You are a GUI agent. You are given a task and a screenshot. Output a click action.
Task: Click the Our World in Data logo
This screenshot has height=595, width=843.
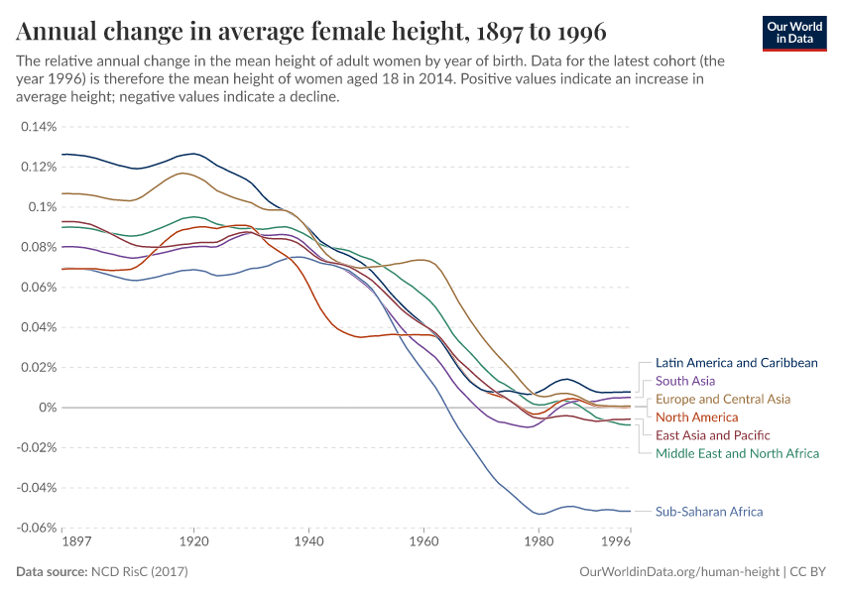pyautogui.click(x=794, y=33)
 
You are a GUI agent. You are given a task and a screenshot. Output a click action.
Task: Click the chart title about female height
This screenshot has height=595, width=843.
pyautogui.click(x=311, y=31)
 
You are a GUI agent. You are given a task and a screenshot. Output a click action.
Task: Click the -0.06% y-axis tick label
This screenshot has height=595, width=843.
pyautogui.click(x=36, y=528)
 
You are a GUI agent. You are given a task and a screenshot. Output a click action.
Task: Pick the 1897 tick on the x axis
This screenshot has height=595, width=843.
pyautogui.click(x=76, y=542)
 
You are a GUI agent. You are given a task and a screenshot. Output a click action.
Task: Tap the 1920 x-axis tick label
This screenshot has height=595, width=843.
pyautogui.click(x=194, y=542)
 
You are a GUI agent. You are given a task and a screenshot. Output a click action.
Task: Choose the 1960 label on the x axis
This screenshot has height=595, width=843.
pyautogui.click(x=423, y=542)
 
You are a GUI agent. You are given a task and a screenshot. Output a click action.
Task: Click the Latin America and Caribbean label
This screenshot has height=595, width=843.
pyautogui.click(x=737, y=363)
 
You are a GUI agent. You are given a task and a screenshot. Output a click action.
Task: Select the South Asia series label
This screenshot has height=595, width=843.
pyautogui.click(x=685, y=381)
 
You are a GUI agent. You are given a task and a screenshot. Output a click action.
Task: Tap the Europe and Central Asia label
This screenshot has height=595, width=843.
pyautogui.click(x=723, y=399)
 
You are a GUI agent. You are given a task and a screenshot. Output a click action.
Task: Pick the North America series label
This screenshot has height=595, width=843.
pyautogui.click(x=697, y=417)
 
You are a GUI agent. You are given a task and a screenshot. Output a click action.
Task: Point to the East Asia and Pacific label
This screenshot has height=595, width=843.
pyautogui.click(x=713, y=435)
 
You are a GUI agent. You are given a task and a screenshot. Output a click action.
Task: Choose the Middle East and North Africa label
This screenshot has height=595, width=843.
pyautogui.click(x=738, y=453)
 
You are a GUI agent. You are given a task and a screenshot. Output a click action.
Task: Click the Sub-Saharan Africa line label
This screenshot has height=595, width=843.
pyautogui.click(x=709, y=512)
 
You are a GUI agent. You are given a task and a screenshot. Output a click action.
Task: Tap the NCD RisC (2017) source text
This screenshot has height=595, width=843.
pyautogui.click(x=139, y=572)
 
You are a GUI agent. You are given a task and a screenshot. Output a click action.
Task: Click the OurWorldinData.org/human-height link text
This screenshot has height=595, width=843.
pyautogui.click(x=678, y=572)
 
